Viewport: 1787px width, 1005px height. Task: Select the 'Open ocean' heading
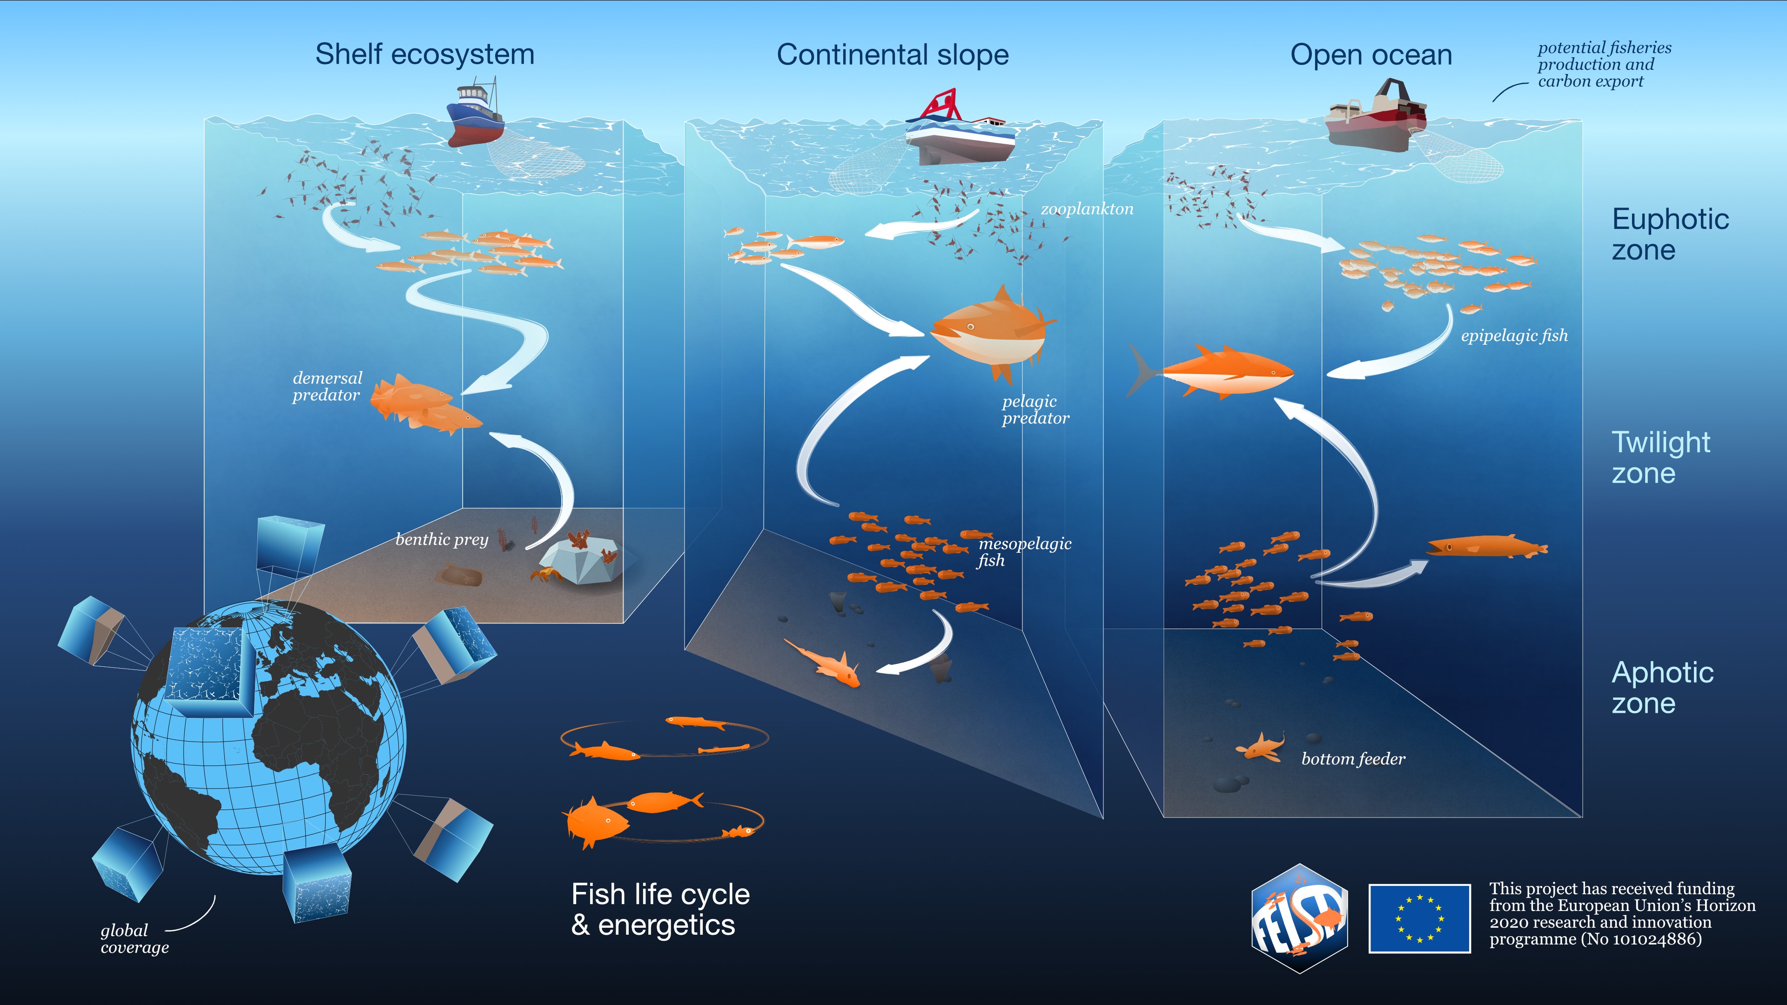point(1371,55)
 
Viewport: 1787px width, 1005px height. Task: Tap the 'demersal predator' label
point(327,386)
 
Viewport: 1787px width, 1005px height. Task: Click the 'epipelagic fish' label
point(1514,335)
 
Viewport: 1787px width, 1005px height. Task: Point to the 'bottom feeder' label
point(1353,759)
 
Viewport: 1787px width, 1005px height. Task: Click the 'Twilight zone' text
point(1660,457)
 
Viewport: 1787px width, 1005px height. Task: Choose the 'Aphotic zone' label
point(1662,687)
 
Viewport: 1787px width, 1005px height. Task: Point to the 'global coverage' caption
point(134,938)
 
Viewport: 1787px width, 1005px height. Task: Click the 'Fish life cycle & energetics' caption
point(660,909)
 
